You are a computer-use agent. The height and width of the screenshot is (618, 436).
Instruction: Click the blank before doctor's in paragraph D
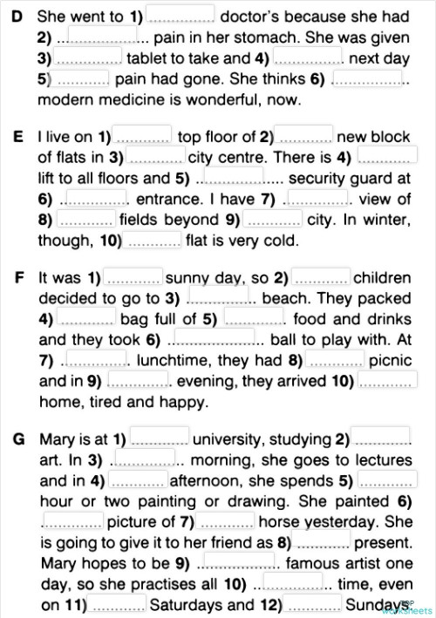pyautogui.click(x=180, y=16)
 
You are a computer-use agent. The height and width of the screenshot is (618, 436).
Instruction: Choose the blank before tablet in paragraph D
pyautogui.click(x=88, y=58)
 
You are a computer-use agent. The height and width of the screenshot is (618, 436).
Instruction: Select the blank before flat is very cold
pyautogui.click(x=153, y=240)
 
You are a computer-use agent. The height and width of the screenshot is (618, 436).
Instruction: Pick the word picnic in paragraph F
pyautogui.click(x=390, y=360)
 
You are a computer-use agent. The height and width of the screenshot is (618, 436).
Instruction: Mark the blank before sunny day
pyautogui.click(x=133, y=278)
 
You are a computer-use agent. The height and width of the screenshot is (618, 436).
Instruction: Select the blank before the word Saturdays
pyautogui.click(x=119, y=604)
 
